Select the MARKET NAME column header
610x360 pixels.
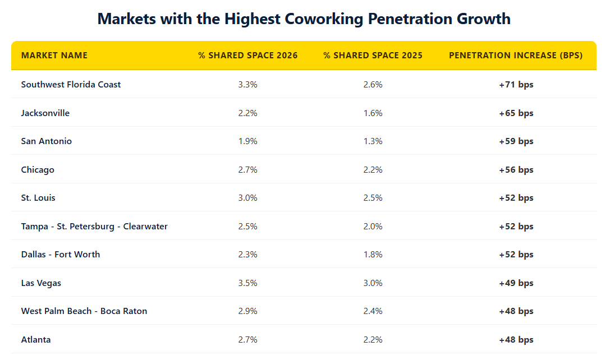(54, 56)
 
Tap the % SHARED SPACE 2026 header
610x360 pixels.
(247, 56)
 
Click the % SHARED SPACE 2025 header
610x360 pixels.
(373, 56)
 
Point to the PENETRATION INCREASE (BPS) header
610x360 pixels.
(516, 56)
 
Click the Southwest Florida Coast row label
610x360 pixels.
(71, 85)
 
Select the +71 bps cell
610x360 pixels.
(516, 85)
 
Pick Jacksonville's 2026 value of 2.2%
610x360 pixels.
(247, 113)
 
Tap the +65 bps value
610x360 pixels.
(516, 113)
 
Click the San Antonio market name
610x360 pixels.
(47, 141)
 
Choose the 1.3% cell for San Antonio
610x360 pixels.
(373, 141)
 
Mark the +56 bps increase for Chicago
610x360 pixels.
(516, 170)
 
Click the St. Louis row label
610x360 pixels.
(38, 198)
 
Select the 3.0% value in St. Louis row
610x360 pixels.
(247, 198)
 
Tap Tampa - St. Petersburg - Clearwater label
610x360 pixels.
(94, 227)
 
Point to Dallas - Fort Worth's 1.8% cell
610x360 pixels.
(373, 255)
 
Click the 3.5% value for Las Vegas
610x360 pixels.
(247, 283)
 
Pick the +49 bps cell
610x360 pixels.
(516, 283)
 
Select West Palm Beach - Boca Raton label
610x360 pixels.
(84, 311)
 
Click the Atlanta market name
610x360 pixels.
(36, 340)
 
